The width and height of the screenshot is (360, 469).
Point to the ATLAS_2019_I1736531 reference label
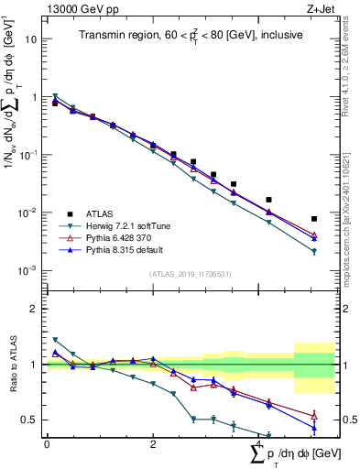[x=189, y=274]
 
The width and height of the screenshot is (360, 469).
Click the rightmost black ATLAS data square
[x=314, y=219]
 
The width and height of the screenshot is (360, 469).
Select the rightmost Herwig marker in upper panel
[x=314, y=252]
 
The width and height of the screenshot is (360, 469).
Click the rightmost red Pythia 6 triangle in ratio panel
[x=314, y=415]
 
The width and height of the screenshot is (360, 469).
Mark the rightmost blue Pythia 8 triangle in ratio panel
[x=314, y=428]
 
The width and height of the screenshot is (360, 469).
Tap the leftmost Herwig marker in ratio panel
[x=55, y=340]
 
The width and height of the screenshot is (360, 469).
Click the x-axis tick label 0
[x=47, y=444]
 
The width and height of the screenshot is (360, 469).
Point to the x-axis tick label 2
[x=153, y=444]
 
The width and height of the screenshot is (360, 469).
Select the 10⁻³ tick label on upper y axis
[x=28, y=270]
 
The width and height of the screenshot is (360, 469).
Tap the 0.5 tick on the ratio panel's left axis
[x=29, y=420]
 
